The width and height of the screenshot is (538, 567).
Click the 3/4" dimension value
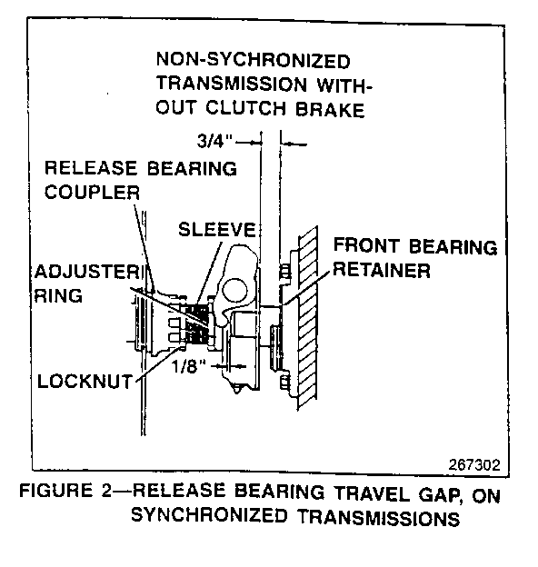tap(214, 141)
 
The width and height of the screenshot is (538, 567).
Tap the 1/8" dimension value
tap(189, 367)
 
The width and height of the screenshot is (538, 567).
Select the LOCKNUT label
tap(85, 382)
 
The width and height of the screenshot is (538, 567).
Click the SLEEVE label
tap(217, 229)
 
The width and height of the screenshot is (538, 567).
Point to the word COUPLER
tap(92, 192)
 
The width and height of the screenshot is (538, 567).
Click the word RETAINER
tap(382, 270)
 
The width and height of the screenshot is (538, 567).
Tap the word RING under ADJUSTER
tap(58, 296)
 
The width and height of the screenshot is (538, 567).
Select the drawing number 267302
tap(474, 464)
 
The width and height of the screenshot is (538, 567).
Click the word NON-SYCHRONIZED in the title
tap(253, 60)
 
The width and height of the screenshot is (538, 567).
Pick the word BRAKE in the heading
tap(330, 109)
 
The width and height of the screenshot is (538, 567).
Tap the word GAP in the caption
tap(441, 494)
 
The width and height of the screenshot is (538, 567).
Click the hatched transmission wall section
tap(307, 318)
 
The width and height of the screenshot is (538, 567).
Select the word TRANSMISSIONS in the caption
tap(378, 518)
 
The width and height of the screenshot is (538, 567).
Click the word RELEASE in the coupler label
tap(91, 168)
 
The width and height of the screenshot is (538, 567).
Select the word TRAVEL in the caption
tap(372, 493)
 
